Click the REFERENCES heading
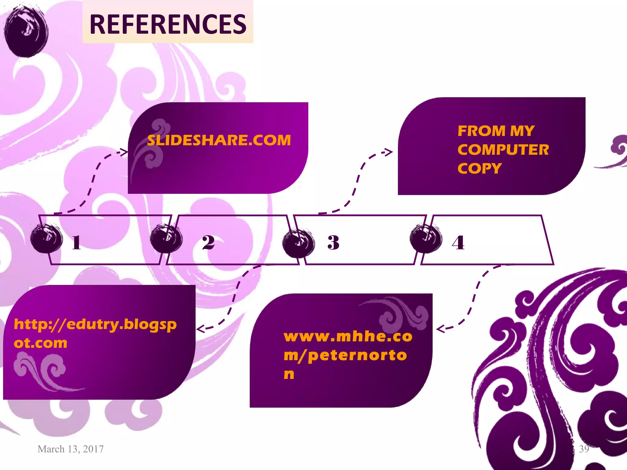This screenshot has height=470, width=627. tap(168, 24)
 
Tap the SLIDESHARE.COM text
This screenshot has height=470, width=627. tap(219, 140)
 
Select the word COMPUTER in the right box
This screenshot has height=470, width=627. tap(503, 150)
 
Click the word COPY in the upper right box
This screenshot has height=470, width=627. tap(479, 169)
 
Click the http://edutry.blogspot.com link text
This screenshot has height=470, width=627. tap(95, 334)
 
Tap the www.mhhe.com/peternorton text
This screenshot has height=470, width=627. tap(347, 355)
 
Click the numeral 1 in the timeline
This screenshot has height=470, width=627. tap(77, 243)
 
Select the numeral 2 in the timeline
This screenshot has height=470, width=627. tap(208, 243)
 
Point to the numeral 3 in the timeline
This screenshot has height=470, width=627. tap(333, 243)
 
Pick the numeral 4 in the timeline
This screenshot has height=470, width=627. tap(458, 243)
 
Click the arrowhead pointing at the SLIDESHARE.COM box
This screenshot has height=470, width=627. tap(124, 152)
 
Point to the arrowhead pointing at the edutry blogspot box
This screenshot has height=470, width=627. tap(200, 329)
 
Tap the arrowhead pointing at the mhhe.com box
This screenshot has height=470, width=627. tap(440, 329)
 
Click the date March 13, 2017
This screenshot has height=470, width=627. tap(70, 449)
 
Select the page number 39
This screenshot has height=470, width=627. tap(584, 449)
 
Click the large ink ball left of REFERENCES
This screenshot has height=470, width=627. tap(26, 31)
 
